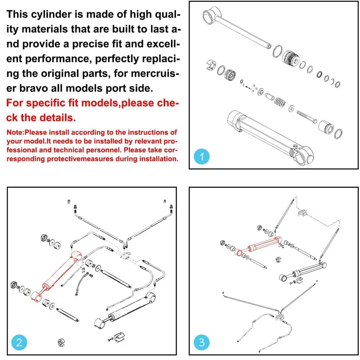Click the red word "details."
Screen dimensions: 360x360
[x=57, y=118]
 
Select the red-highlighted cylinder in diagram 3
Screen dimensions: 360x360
[x=261, y=246]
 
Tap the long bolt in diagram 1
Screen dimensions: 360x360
[x=310, y=117]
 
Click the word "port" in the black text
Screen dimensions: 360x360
[x=133, y=86]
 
